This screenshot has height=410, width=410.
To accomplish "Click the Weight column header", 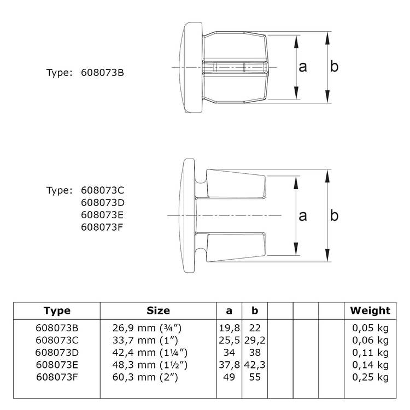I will point(370,311).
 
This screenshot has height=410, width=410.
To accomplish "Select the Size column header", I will point(158,311).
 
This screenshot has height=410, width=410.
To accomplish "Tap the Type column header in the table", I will point(57,311).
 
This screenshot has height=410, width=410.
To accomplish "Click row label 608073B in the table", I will point(57,327).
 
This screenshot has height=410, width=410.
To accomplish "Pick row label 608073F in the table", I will point(57,377).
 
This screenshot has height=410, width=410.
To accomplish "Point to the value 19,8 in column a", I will point(229,327).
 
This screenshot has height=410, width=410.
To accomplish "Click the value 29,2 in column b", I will point(254,340).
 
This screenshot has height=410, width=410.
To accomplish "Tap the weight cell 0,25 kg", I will point(370,377).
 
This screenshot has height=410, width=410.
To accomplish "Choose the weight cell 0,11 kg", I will point(370,353).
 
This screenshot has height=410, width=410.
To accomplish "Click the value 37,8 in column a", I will point(229,365).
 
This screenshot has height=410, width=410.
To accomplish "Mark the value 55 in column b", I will point(254,377).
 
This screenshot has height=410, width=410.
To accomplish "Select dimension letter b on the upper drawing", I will point(335,66).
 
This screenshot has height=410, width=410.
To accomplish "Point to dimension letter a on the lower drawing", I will point(303,216).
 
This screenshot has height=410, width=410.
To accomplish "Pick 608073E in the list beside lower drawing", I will point(102,215).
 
